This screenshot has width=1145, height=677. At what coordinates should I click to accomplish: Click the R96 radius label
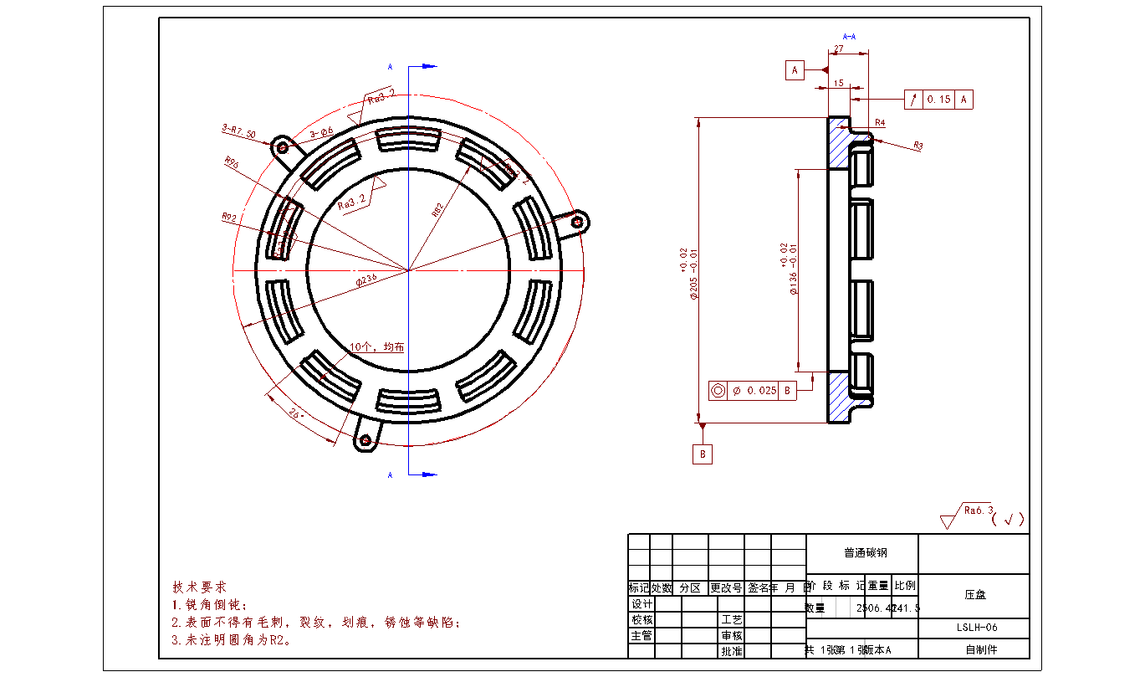[x=232, y=163]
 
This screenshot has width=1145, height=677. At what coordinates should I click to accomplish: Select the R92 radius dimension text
[x=230, y=218]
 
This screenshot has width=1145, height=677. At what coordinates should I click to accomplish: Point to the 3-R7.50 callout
[x=238, y=130]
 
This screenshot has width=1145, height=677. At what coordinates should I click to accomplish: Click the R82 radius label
[x=437, y=209]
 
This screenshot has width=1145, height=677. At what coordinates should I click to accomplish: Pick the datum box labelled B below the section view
[x=703, y=454]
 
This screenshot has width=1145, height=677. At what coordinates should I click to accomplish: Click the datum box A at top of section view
[x=795, y=70]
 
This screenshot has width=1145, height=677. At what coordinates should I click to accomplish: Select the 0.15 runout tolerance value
[x=939, y=100]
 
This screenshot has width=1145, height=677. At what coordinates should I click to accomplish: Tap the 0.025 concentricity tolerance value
[x=761, y=391]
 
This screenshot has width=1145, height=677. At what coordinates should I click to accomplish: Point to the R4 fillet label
[x=880, y=123]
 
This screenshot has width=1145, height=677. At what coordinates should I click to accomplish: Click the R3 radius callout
[x=918, y=146]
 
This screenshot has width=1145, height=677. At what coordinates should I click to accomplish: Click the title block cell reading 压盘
[x=974, y=595]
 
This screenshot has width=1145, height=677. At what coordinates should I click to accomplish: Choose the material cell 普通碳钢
[x=862, y=553]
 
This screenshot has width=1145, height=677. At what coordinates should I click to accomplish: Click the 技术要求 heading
[x=199, y=587]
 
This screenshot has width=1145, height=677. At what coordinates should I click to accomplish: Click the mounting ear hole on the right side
[x=576, y=222]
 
